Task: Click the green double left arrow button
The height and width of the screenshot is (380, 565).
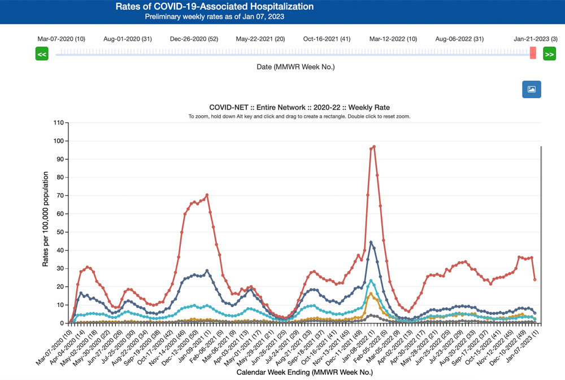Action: tap(42, 54)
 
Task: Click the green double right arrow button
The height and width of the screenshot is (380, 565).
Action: tap(549, 54)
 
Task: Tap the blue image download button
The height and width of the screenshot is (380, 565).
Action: tap(531, 89)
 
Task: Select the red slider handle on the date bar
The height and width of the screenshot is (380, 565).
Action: tap(533, 53)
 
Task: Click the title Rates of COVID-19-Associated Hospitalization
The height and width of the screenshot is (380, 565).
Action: tap(214, 7)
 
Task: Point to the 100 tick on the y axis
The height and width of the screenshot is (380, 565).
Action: tap(59, 141)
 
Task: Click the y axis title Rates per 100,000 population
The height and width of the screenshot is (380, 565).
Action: tap(46, 222)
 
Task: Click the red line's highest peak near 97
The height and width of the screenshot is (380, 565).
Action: tap(374, 146)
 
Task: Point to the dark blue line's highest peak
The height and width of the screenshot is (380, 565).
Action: tap(371, 242)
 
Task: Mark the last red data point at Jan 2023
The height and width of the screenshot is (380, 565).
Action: tap(534, 279)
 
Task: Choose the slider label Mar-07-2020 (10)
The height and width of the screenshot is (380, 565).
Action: tap(61, 39)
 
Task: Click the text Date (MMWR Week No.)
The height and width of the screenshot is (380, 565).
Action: tap(295, 67)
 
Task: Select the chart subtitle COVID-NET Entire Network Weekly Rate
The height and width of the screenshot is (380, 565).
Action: tap(299, 107)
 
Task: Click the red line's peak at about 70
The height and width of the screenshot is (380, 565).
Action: tap(207, 195)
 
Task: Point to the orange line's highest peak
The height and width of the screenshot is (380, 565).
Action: tap(371, 294)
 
